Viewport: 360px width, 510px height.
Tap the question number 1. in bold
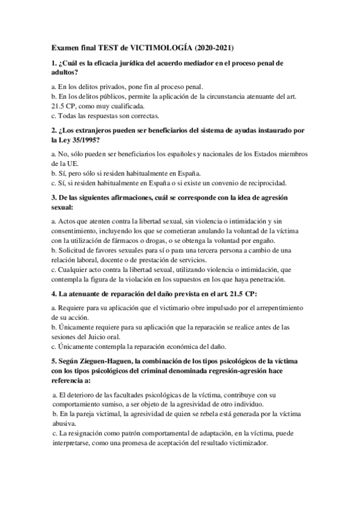click(x=54, y=63)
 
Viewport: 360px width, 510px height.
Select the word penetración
click(x=264, y=279)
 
